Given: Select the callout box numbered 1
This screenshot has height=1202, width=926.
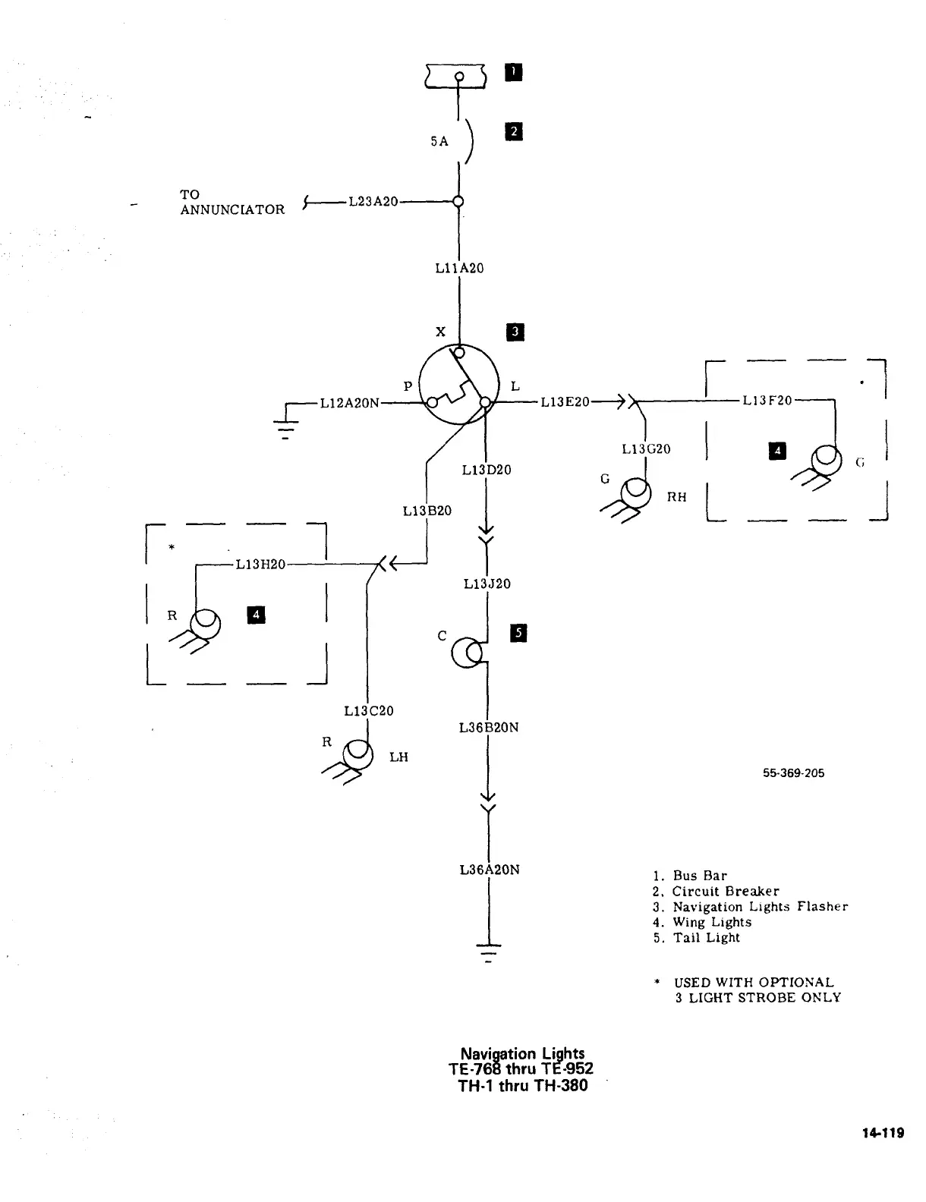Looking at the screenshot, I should click(514, 72).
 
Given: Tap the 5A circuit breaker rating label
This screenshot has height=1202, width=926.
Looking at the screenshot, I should click(439, 141).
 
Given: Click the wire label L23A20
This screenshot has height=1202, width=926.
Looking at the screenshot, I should click(373, 201).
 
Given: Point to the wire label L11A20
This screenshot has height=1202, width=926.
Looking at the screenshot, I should click(459, 268).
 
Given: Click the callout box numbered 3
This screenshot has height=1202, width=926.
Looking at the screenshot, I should click(515, 332).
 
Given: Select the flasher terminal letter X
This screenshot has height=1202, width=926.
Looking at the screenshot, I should click(440, 332).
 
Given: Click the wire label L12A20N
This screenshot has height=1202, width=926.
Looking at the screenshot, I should click(349, 403).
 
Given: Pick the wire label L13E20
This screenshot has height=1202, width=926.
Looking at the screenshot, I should click(565, 401).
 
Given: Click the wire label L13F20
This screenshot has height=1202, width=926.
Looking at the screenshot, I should click(767, 400).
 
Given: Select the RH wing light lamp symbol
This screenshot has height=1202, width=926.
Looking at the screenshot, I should click(635, 494).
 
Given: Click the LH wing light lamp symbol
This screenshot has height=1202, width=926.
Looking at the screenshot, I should click(357, 756).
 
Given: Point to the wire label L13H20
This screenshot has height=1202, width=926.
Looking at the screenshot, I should click(260, 564).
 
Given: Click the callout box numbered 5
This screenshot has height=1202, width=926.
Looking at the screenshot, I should click(519, 633).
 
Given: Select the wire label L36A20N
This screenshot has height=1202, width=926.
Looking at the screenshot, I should click(490, 870).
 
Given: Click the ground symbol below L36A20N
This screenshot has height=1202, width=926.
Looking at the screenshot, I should click(489, 950).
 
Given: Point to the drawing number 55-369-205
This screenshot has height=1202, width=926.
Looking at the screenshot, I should click(793, 773).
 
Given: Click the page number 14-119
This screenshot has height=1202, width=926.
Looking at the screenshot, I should click(883, 1133).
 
